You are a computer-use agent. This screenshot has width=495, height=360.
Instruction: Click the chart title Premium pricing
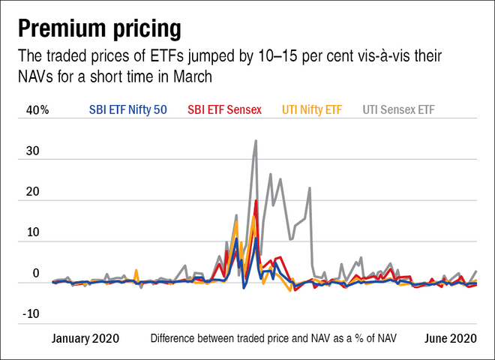[x=99, y=28]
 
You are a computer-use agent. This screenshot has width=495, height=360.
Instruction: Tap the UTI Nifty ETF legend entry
[x=312, y=109]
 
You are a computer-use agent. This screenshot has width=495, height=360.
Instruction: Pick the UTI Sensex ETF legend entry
[x=398, y=109]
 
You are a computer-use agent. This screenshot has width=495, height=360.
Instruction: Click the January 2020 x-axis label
[x=85, y=338]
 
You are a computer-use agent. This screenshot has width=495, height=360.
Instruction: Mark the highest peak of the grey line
[x=256, y=140]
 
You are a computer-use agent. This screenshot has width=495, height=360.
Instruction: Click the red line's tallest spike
[x=256, y=201]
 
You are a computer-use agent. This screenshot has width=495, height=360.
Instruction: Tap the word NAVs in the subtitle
[x=35, y=76]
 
